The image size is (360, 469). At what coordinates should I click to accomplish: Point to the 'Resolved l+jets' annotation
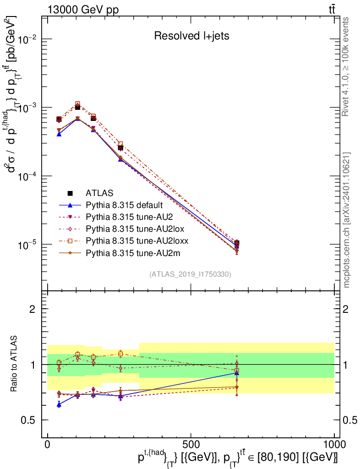(191, 36)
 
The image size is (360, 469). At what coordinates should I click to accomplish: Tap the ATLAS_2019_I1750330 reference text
(190, 274)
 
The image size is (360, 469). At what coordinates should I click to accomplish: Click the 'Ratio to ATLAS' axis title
(15, 364)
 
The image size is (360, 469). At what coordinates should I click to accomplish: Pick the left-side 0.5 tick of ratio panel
(29, 420)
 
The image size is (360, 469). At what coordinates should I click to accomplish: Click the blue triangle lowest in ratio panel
(59, 404)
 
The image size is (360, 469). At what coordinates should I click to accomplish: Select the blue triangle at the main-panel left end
(59, 134)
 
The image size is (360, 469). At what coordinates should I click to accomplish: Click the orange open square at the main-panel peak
(77, 104)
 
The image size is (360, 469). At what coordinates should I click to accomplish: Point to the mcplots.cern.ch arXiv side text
(347, 220)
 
